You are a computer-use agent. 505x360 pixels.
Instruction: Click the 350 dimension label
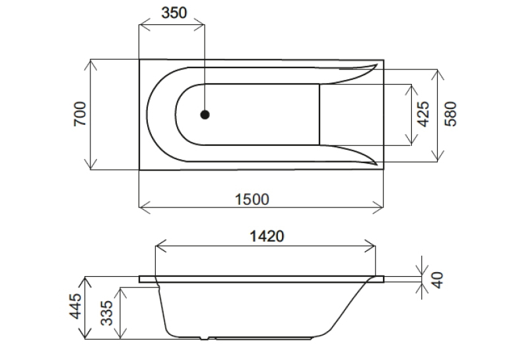tap(174, 13)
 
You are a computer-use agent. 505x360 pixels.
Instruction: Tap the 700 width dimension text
tap(80, 114)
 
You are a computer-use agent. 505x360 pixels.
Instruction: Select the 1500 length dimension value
tap(252, 199)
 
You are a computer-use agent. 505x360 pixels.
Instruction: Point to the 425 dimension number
tap(423, 114)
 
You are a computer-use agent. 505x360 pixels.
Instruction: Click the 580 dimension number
tap(451, 114)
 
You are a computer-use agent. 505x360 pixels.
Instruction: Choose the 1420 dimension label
tap(267, 236)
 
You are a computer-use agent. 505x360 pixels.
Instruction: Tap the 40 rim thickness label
tap(437, 280)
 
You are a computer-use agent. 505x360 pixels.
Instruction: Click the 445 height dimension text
tap(76, 306)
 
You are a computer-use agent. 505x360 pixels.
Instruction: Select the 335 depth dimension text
tap(106, 313)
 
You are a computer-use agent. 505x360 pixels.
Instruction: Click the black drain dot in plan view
tap(205, 114)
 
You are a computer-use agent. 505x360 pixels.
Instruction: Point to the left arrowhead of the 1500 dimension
tap(145, 207)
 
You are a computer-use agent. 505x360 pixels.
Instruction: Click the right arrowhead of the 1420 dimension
tap(370, 246)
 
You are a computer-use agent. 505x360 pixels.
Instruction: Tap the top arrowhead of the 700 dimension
tap(90, 65)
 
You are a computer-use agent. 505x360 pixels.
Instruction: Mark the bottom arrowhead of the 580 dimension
tap(438, 156)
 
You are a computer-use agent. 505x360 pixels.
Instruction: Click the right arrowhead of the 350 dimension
tap(199, 24)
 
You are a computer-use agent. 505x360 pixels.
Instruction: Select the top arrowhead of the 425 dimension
tap(411, 90)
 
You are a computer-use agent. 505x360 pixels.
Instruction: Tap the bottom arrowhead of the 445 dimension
tap(85, 334)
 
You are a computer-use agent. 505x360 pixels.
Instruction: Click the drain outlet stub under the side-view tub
tap(204, 338)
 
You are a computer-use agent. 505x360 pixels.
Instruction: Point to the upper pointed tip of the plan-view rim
tap(376, 65)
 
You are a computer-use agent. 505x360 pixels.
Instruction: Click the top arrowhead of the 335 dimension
tap(120, 293)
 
